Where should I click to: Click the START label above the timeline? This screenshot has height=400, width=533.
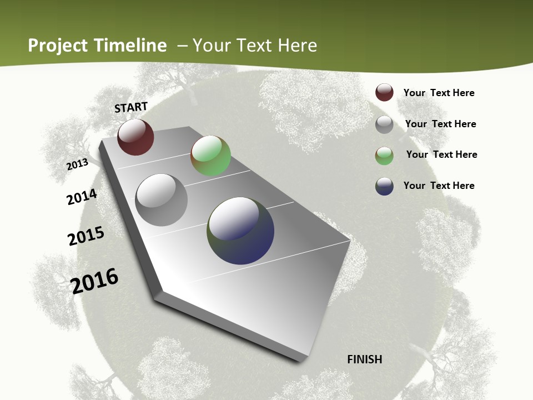coord(131,107)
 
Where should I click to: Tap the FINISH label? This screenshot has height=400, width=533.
coord(365,359)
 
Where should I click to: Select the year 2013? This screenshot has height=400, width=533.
coord(78,164)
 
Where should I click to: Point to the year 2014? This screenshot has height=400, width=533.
coord(82,197)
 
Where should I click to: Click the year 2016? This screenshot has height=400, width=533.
coord(95,281)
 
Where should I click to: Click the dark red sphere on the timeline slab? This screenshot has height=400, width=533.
coord(135,137)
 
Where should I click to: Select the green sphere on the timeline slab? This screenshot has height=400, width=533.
coord(211,156)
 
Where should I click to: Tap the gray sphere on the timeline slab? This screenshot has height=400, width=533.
coord(162,200)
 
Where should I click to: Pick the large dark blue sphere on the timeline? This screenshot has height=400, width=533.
coord(240,231)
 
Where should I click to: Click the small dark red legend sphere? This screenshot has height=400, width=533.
coord(384,93)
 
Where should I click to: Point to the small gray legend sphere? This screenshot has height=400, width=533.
coord(384,124)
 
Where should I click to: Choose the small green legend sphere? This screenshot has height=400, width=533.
coord(384,156)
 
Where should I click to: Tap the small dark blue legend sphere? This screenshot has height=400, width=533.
coord(384,186)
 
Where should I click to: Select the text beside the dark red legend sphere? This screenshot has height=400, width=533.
coord(439,93)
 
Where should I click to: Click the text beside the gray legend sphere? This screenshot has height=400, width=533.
coord(440,124)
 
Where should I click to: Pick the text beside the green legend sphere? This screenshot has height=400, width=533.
coord(441,154)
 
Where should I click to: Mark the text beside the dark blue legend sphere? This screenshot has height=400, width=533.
coord(439,186)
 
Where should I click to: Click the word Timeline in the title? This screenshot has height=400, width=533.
coord(130,46)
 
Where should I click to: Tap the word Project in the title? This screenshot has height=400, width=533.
coord(58,46)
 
